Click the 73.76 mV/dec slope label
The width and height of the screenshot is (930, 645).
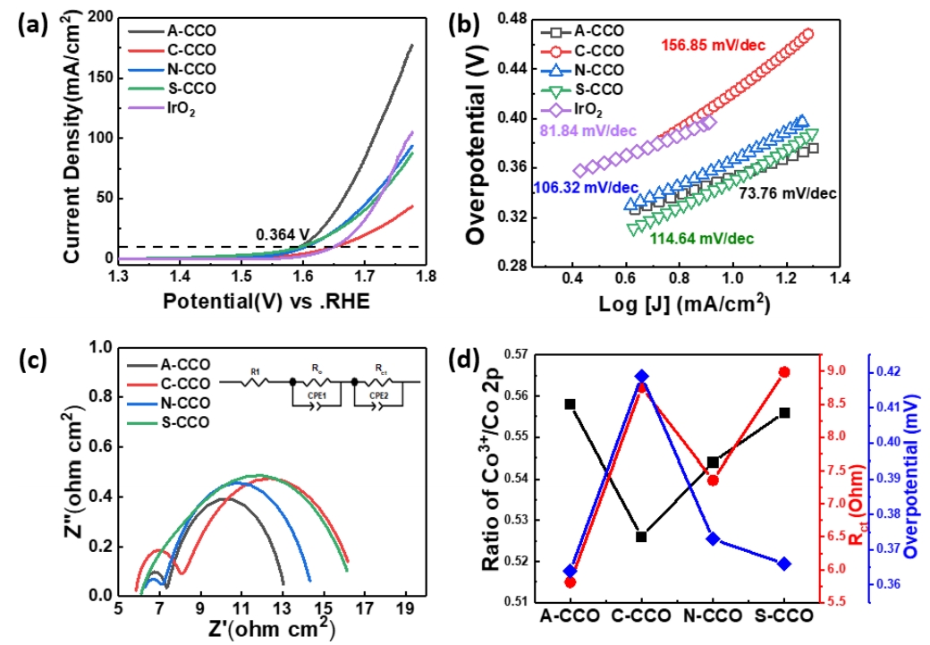coord(789,192)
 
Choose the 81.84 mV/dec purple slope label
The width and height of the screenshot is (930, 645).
coord(588,132)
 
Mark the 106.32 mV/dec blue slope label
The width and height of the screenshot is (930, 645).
coord(585,188)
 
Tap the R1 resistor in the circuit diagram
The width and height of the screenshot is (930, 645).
coord(255,382)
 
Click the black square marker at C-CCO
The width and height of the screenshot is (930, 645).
coord(641,537)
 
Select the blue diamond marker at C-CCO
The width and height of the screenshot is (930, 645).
coord(641,377)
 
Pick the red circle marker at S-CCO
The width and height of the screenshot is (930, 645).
coord(784,372)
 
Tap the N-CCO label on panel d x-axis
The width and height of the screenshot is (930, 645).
coord(713,616)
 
